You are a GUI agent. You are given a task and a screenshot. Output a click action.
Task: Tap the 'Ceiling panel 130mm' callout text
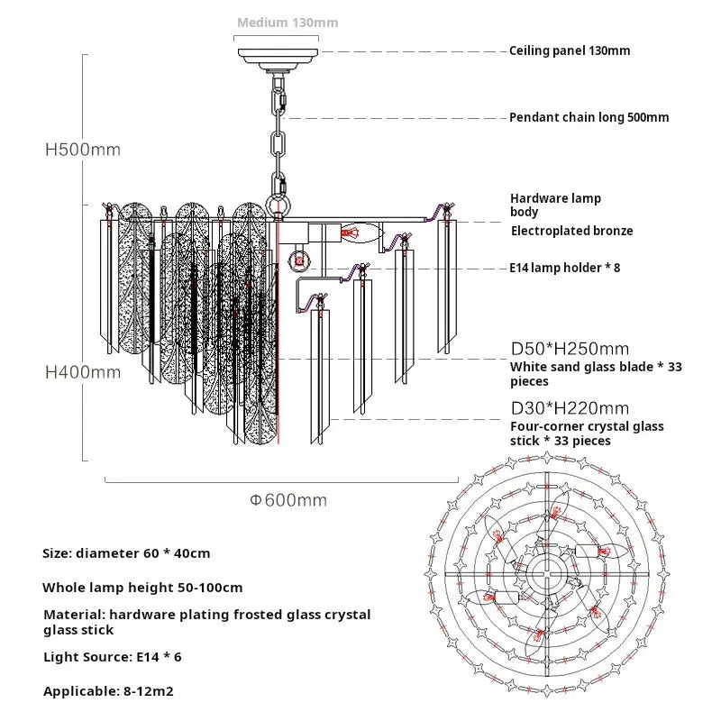(x=570, y=51)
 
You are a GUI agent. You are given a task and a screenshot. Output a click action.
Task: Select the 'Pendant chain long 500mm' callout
(x=589, y=117)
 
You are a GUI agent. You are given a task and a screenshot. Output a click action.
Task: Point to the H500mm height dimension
(x=83, y=150)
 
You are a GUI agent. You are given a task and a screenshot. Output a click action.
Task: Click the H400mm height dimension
(x=83, y=371)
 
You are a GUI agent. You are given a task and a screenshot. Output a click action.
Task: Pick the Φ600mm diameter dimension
(x=288, y=500)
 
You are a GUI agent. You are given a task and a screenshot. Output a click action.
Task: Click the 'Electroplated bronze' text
(x=571, y=231)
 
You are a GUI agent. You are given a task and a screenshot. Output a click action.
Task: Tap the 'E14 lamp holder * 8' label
(x=564, y=268)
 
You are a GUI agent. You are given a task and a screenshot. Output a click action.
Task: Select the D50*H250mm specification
(x=570, y=349)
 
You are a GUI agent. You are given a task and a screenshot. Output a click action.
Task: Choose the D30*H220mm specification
(x=570, y=408)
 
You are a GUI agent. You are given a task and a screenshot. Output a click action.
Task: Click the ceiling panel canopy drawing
(x=278, y=53)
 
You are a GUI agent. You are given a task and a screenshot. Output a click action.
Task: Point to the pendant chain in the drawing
(x=278, y=135)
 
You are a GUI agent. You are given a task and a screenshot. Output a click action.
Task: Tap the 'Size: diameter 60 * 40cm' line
(x=126, y=553)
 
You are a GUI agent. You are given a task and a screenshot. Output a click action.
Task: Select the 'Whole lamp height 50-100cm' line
(x=142, y=588)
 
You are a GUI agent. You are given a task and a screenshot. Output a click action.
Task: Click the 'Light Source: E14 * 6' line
(x=113, y=657)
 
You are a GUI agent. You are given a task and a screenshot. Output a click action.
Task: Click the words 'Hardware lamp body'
(x=555, y=205)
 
